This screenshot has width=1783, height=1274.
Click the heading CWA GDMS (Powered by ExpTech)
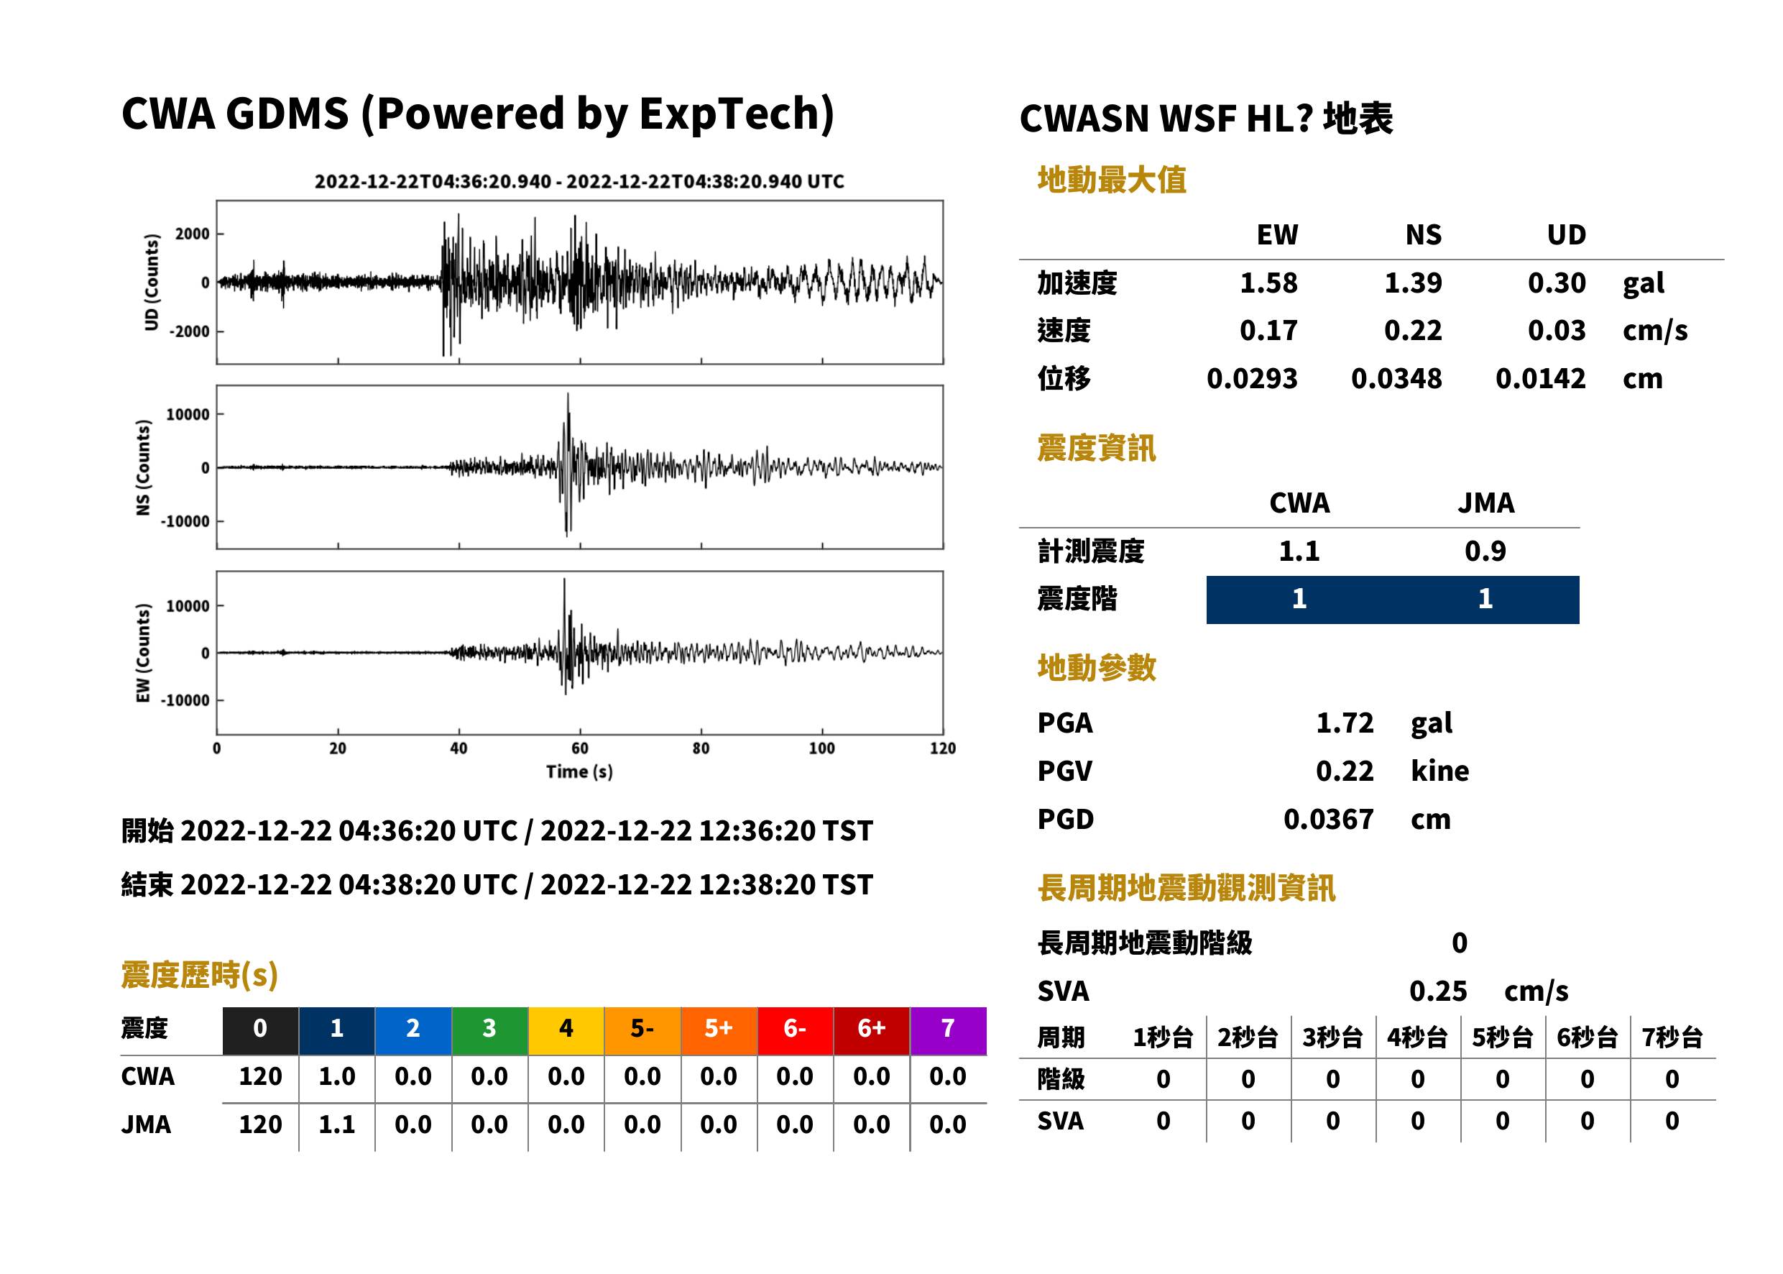pos(477,114)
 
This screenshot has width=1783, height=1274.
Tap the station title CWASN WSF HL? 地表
pos(1206,119)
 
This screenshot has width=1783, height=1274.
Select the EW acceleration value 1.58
pos(1268,283)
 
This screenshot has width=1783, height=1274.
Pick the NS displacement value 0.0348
pos(1396,379)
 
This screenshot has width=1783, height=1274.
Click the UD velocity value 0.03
pos(1557,331)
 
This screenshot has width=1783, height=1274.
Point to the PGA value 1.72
pos(1345,723)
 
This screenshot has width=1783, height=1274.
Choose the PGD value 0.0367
pos(1328,820)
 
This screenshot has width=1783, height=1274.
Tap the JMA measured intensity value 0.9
pos(1485,551)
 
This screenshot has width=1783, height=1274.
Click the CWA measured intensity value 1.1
pos(1299,551)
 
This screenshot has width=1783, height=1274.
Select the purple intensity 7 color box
pos(948,1031)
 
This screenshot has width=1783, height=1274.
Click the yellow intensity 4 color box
pos(566,1031)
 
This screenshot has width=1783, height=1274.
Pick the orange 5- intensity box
pos(642,1031)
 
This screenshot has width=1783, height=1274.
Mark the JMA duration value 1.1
pos(336,1125)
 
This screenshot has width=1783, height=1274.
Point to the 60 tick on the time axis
pos(579,748)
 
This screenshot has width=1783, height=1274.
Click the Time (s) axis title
pos(579,772)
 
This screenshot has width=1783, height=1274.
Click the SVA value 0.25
pos(1438,991)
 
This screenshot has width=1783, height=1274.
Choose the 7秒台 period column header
pos(1672,1038)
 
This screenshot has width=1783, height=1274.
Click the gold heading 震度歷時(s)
pos(200,975)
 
